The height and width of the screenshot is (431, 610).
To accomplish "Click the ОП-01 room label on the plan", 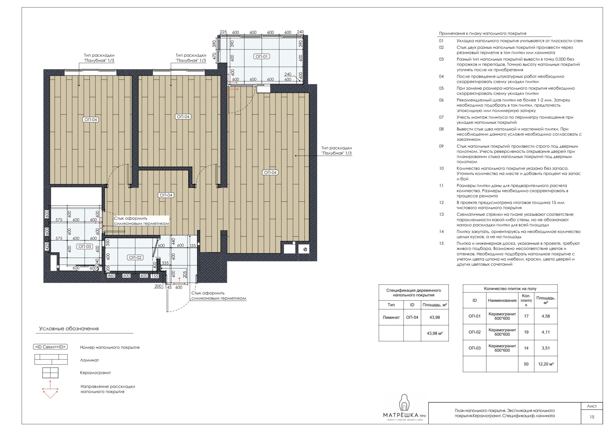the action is [262, 56].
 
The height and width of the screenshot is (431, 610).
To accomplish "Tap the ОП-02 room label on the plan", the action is [135, 257].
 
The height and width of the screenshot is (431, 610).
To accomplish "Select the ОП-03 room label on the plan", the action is [85, 246].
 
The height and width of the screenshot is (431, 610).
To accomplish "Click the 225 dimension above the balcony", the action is [223, 32].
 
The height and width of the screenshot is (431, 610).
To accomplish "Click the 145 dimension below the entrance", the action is [168, 287].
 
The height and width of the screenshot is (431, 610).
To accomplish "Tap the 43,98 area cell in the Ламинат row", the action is [435, 317].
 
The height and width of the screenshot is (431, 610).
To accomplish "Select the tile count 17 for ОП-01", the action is [526, 316].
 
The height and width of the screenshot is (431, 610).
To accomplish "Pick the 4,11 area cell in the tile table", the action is [546, 332].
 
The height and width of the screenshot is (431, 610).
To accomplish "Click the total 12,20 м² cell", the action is [546, 364].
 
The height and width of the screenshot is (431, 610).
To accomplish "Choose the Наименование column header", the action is [502, 300].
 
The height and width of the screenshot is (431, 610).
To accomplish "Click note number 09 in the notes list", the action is [441, 146].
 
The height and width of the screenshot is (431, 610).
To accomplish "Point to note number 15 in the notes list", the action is [441, 244].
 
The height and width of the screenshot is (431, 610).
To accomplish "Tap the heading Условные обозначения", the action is [69, 329].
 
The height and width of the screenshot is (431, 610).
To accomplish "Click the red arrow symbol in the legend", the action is [50, 389].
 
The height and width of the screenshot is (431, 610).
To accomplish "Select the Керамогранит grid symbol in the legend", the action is [50, 373].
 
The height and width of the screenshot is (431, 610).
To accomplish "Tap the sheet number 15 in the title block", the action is [592, 417].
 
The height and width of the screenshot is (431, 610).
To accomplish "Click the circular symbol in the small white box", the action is [305, 249].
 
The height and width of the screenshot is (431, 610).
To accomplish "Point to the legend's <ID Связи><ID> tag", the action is [50, 347].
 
